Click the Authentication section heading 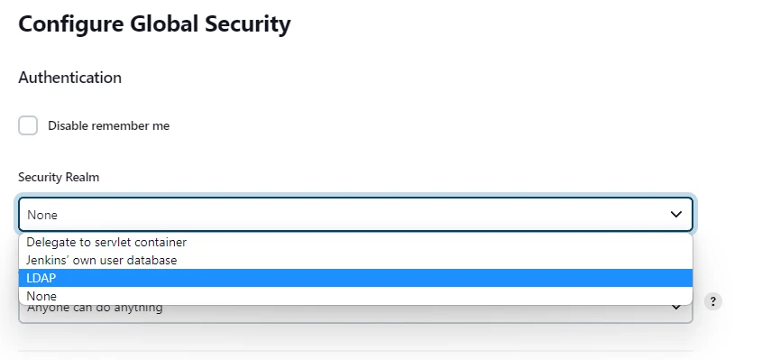tap(69, 78)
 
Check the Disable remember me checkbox tap(28, 125)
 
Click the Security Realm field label tap(59, 177)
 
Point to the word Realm tap(82, 177)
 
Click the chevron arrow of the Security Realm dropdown tap(676, 215)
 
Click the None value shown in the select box tap(42, 215)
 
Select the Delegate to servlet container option tap(106, 242)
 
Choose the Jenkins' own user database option tap(102, 260)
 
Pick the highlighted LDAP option tap(41, 278)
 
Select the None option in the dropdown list tap(41, 296)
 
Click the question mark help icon tap(713, 301)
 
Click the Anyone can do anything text tap(95, 309)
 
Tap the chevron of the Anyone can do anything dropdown tap(676, 308)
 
